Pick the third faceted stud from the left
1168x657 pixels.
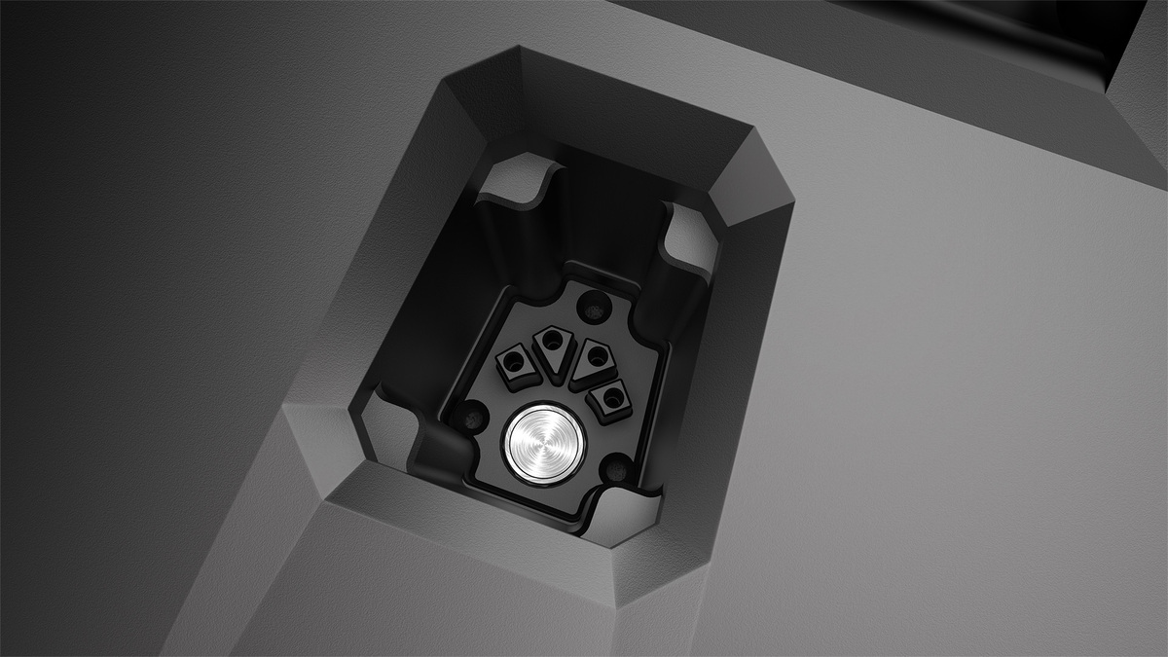591,359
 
